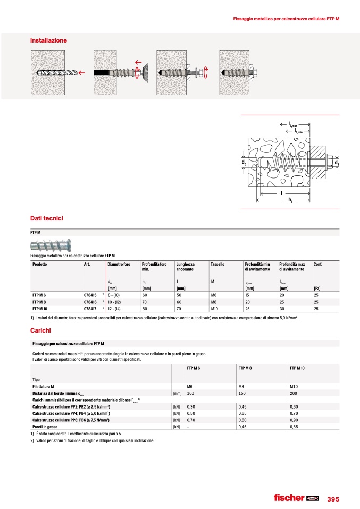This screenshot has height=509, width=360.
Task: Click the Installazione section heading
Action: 48,40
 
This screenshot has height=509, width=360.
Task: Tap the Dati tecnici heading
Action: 47,218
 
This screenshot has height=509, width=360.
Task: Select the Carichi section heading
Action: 40,330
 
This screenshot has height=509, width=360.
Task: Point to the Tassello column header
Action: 217,264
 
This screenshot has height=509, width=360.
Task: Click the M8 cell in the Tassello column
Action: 214,301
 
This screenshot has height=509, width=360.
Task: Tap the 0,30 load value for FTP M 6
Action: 192,405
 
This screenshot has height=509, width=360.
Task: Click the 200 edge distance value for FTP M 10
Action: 294,393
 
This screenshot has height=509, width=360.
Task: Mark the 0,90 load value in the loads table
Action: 295,419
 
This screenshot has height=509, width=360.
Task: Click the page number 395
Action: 333,499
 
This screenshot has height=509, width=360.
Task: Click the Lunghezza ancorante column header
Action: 186,267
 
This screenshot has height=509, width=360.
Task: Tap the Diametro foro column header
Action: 119,264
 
